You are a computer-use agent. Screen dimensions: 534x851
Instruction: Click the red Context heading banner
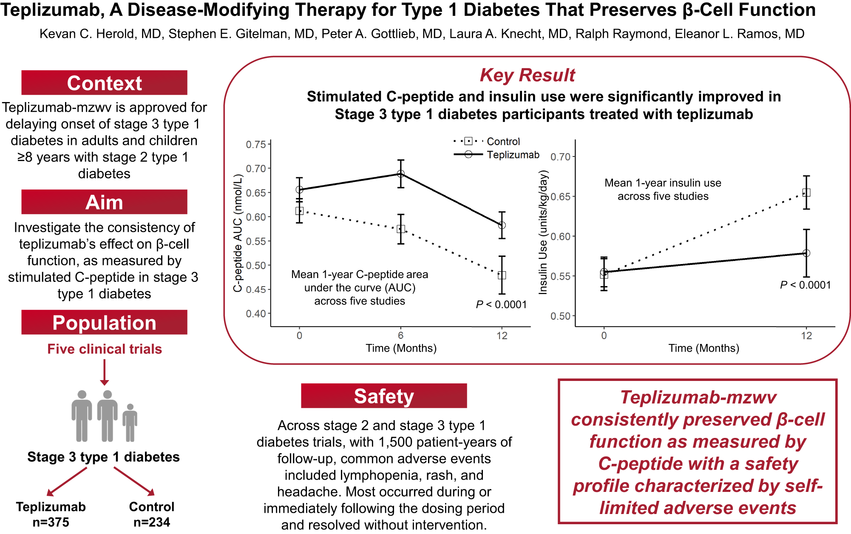point(104,83)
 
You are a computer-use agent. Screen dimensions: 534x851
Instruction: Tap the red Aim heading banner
point(104,202)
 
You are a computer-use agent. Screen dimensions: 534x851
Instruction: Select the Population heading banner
point(104,322)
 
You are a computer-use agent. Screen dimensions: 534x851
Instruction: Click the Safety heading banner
point(384,396)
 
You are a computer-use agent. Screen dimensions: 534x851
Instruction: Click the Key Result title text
point(527,75)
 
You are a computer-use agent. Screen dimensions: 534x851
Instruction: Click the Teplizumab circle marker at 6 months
point(401,174)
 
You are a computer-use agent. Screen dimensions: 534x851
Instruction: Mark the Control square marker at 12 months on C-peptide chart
point(502,275)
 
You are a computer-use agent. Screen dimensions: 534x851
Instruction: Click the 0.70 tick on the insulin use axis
point(560,157)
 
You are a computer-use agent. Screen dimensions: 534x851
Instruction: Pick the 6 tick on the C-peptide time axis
point(401,335)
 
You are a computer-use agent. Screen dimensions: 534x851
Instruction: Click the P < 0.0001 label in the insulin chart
point(805,285)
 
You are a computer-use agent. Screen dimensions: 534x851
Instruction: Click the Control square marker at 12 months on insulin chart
point(806,193)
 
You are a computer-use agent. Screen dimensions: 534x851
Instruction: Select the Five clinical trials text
point(105,349)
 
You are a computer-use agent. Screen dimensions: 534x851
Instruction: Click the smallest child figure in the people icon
point(130,423)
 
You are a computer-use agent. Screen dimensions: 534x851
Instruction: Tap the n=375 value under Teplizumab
point(51,522)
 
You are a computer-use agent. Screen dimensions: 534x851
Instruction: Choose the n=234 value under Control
point(152,522)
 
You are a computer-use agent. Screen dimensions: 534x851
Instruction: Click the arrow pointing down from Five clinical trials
point(105,372)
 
